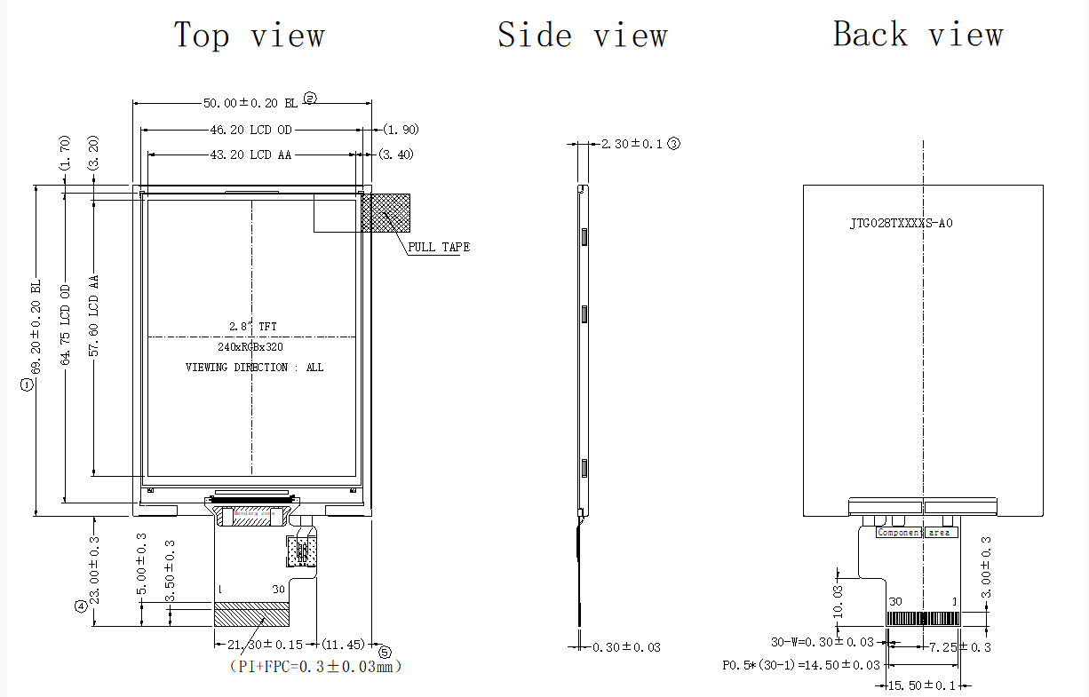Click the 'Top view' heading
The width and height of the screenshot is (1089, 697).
tap(249, 36)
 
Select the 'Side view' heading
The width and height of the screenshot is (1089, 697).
tap(582, 36)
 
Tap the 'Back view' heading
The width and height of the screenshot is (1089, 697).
tap(918, 35)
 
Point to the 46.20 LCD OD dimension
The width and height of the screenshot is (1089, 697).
tap(250, 130)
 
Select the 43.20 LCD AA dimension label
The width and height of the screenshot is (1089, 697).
tap(250, 154)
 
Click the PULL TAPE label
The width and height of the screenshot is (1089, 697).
tap(439, 247)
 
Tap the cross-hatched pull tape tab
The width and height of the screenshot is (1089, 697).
tap(386, 212)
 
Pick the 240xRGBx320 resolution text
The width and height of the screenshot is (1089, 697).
tap(250, 347)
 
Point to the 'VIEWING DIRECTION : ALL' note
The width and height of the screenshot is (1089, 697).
tap(254, 367)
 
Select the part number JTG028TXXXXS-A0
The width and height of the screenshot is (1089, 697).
tap(901, 224)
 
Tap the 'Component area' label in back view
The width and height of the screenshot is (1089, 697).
tap(914, 533)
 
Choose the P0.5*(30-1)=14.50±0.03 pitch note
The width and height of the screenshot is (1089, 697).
tap(801, 664)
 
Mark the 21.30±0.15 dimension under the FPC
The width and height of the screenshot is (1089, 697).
tap(266, 644)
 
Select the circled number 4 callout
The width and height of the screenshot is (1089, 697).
tap(81, 607)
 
